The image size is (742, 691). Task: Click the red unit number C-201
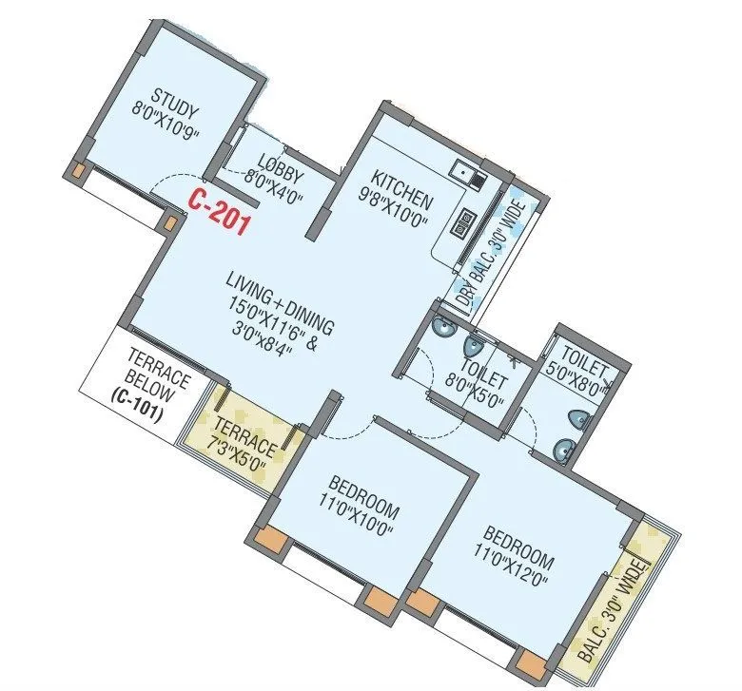click(218, 211)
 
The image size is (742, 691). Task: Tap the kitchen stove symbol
click(467, 221)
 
